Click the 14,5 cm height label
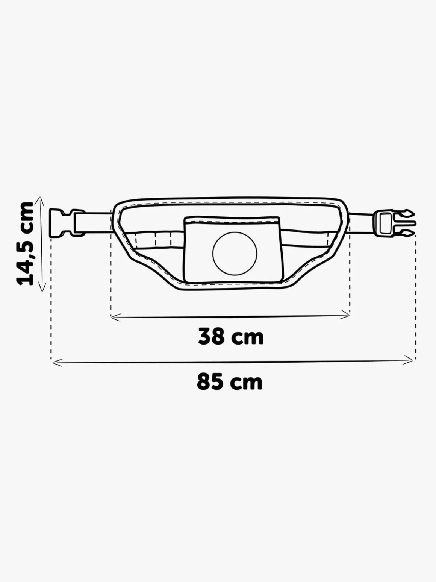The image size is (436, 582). pos(25,244)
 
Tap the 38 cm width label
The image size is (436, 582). pos(231,336)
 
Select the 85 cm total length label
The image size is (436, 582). pos(230,381)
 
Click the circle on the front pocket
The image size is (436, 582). pos(235,254)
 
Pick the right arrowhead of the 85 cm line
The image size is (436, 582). pos(408,360)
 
